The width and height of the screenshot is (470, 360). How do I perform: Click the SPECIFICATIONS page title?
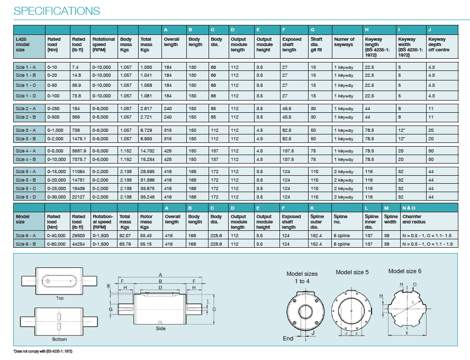57,11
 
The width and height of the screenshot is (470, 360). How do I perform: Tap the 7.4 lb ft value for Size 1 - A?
75,67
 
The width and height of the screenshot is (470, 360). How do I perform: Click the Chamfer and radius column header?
413,219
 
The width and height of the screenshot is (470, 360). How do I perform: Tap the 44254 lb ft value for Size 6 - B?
79,244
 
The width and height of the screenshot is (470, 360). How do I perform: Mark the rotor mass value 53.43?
146,235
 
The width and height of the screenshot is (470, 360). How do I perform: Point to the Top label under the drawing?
60,298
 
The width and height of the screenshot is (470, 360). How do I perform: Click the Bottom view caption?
60,339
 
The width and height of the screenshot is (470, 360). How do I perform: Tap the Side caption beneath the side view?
160,329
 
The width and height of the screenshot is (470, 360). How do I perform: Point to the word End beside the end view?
288,338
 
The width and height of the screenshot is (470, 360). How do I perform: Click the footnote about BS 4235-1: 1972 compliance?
42,352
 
